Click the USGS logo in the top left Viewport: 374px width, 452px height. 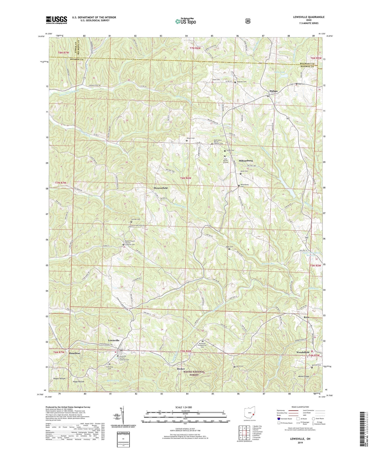tap(56, 20)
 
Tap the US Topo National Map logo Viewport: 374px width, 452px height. tap(185, 21)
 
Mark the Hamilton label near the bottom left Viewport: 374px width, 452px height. tap(74, 353)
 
